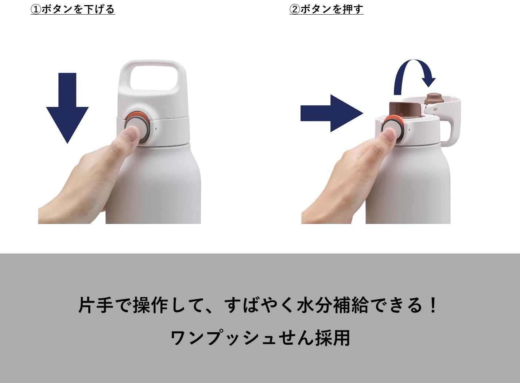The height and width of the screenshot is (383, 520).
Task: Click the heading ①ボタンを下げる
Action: [x=73, y=9]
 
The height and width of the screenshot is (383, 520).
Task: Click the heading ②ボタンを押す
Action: [x=326, y=9]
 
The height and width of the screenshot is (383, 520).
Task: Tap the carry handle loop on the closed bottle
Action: [x=153, y=77]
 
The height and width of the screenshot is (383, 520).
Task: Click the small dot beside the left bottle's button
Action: [x=156, y=128]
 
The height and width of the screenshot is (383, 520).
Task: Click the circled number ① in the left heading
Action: [x=35, y=9]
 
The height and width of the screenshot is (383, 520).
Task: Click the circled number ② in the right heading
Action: [x=295, y=9]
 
